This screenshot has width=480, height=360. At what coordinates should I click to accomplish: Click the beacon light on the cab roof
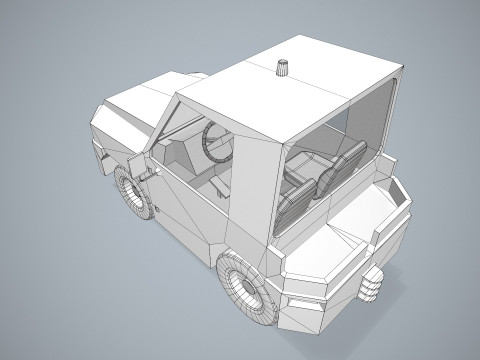[284, 68]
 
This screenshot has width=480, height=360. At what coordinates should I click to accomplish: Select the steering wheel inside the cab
[217, 142]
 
